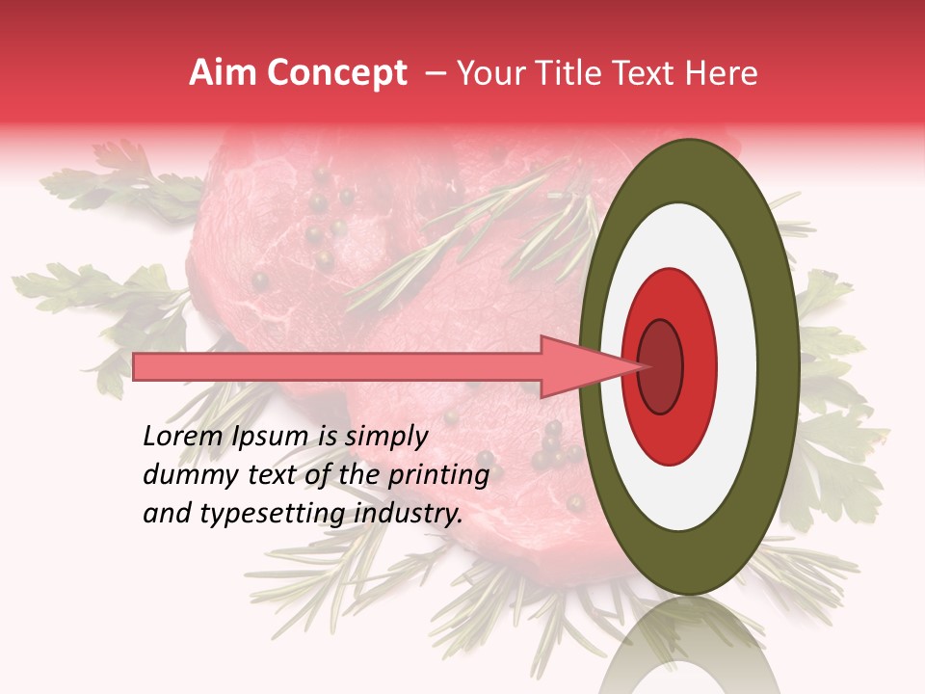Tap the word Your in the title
click(x=488, y=73)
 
